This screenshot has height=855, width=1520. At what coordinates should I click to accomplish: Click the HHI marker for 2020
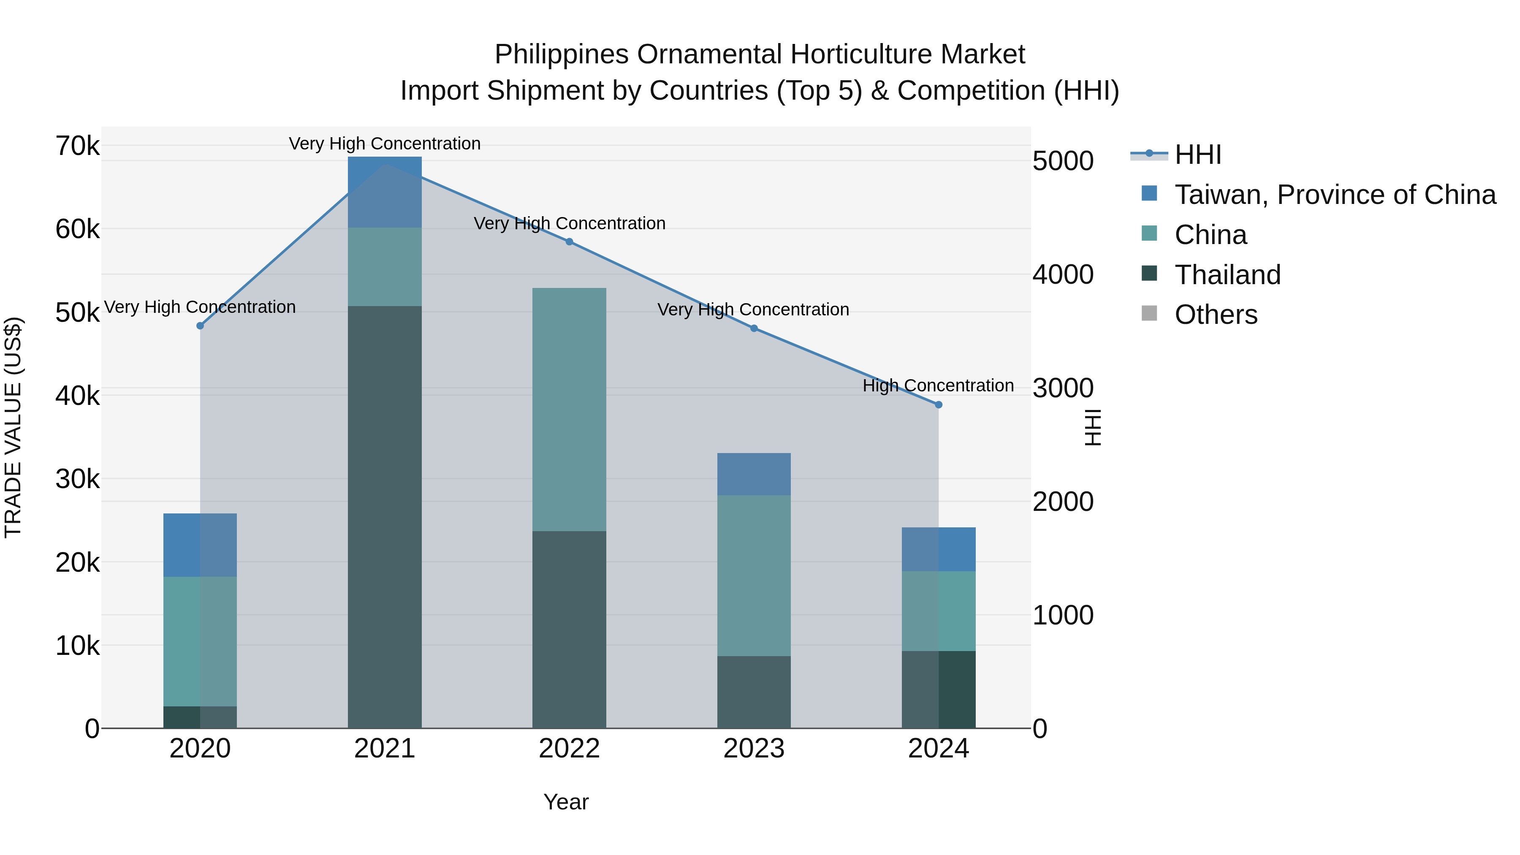click(200, 326)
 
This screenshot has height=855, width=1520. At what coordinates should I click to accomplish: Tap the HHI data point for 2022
click(570, 242)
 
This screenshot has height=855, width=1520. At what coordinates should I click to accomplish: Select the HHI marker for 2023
click(754, 328)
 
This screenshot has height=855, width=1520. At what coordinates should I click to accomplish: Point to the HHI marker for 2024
click(939, 405)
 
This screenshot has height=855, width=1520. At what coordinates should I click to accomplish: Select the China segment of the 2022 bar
click(570, 410)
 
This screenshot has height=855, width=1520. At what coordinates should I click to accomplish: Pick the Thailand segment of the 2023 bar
click(754, 692)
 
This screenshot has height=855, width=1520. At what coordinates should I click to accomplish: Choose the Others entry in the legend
click(1216, 315)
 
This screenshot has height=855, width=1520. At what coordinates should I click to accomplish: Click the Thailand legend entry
click(1227, 275)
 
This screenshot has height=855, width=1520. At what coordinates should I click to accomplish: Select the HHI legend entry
click(1198, 155)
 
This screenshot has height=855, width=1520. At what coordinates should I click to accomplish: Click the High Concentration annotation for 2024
click(938, 386)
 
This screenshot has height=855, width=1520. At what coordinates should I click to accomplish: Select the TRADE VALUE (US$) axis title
click(13, 427)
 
